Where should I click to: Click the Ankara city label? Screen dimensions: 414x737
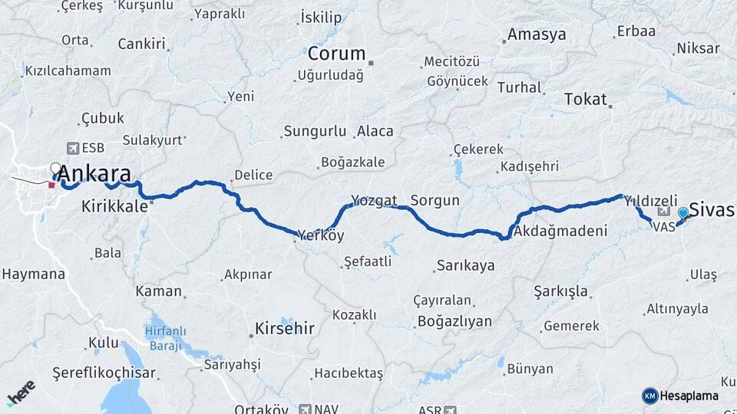coord(94,172)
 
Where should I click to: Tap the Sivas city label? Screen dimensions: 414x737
coord(712,209)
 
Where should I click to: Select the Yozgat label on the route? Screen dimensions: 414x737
coord(374,201)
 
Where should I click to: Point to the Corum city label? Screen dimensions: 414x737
coord(336,54)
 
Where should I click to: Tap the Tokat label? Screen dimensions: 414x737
coord(585,99)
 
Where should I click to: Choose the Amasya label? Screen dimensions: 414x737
coord(537,34)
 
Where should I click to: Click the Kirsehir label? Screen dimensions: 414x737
coord(283,329)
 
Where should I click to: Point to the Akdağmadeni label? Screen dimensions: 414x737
coord(561,231)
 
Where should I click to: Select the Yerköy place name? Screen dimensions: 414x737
coord(321,235)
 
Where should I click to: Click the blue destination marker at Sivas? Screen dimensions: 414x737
coord(682,213)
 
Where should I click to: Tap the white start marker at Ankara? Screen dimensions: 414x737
coord(55,167)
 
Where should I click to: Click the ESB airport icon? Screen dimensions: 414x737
coord(73,148)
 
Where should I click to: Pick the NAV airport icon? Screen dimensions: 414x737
coord(306,409)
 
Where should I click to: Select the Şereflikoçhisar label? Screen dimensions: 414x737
coord(104,373)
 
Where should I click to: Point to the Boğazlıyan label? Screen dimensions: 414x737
coord(454,321)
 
